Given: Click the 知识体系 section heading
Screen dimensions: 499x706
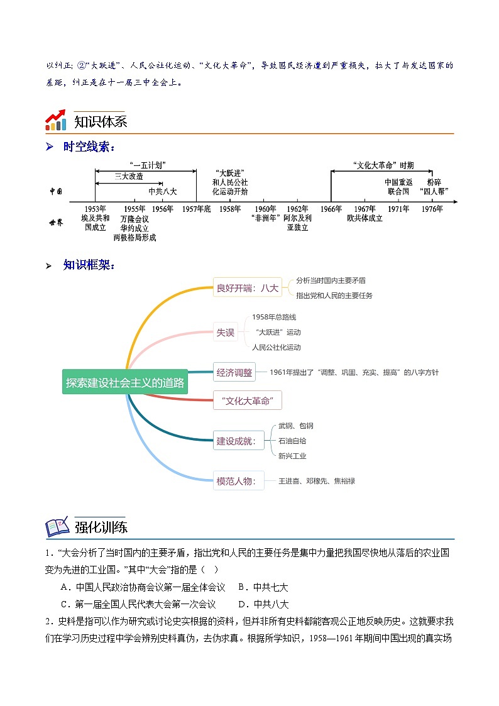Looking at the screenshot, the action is pos(101,121).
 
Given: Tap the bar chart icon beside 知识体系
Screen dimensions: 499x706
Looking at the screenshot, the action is pos(56,120).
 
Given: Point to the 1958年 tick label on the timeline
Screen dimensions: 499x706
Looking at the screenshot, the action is pos(230,209).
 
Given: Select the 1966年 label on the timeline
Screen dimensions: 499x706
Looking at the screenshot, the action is pos(331,209).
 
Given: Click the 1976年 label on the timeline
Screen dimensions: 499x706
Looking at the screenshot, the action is pos(432,209).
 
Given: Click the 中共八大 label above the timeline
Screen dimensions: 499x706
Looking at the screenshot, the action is pos(163,191).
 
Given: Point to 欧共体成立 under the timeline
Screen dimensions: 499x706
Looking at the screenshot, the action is pos(365,218).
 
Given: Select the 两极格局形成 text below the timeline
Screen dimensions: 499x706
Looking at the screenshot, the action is pos(135,238).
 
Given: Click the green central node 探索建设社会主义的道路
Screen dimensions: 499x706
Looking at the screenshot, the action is pos(125,382).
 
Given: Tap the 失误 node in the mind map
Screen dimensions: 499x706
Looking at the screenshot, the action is pos(226,333).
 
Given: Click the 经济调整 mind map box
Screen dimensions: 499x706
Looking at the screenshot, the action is pos(234,372).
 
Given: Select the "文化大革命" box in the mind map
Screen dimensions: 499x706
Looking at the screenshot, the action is pos(247,400).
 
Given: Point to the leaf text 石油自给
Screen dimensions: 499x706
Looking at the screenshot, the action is pos(292,441).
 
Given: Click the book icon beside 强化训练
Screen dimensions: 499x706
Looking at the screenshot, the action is pos(57,527).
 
